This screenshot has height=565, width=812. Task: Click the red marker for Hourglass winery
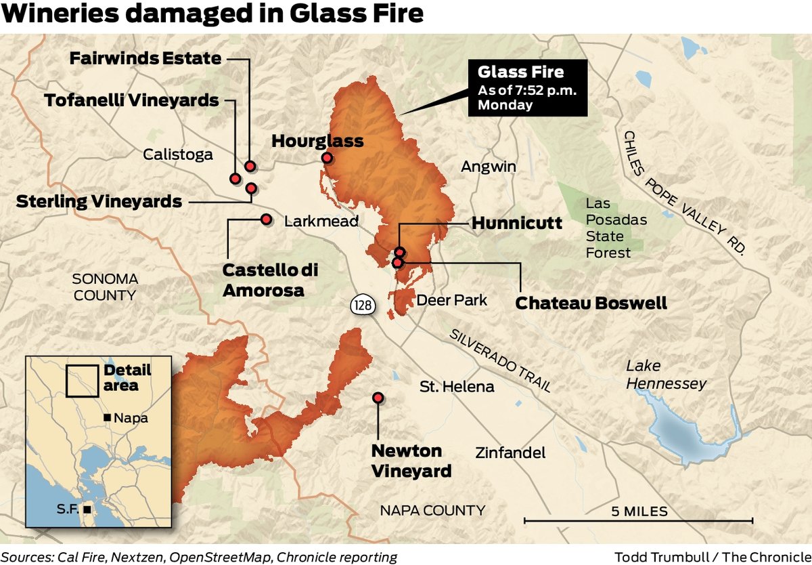(327, 158)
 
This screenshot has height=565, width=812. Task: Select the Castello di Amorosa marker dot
(266, 219)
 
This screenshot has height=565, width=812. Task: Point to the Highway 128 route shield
(362, 305)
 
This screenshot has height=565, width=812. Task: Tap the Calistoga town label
(177, 154)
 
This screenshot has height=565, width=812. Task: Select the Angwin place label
(489, 167)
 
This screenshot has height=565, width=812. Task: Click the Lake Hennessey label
(665, 375)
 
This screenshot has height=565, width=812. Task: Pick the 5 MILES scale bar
(638, 520)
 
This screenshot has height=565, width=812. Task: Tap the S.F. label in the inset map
(66, 507)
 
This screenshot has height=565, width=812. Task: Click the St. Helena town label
(457, 387)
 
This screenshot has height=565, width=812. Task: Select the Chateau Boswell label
(591, 303)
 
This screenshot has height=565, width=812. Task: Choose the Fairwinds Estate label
(145, 58)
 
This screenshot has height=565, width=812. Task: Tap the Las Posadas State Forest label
(608, 228)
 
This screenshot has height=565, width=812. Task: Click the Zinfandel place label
(510, 453)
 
